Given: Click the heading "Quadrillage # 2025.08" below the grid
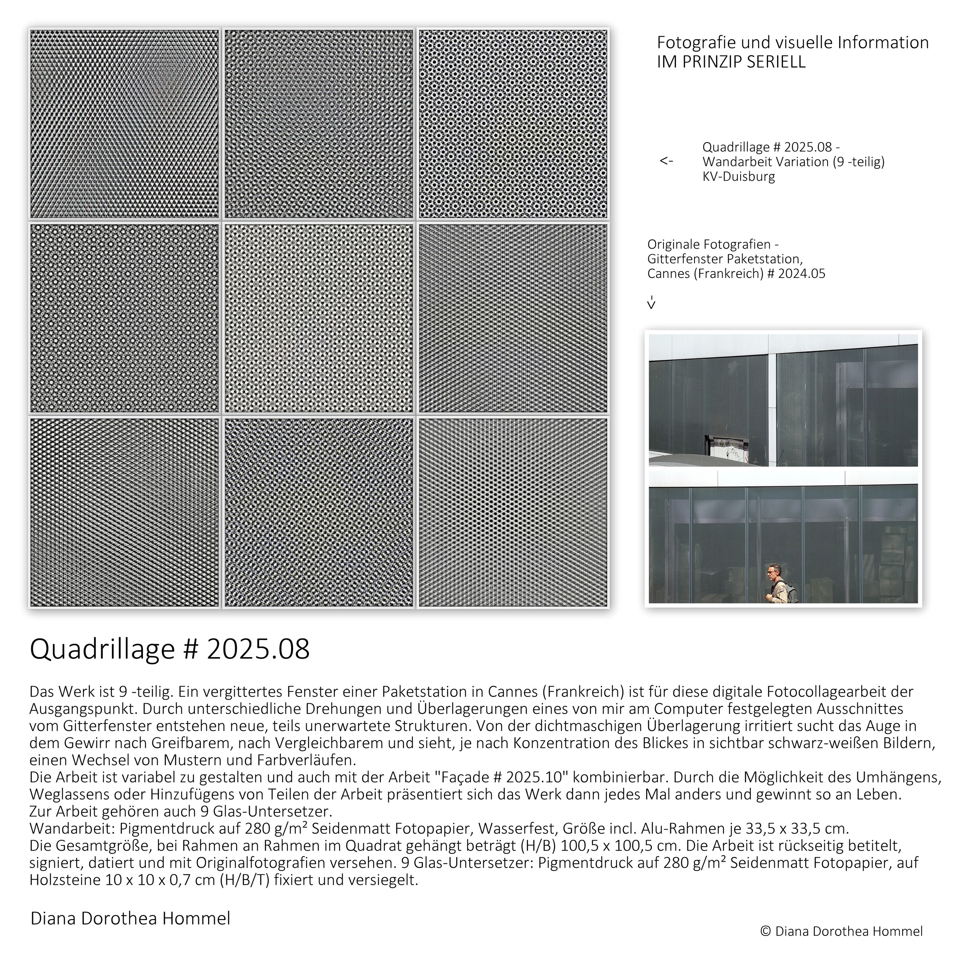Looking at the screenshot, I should [x=170, y=650].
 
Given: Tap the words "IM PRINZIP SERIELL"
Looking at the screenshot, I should [x=731, y=62].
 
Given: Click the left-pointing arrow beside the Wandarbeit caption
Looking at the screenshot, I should [x=666, y=161].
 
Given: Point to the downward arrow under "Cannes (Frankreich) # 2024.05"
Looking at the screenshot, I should [x=651, y=302].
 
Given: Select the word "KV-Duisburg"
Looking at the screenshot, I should [x=739, y=177].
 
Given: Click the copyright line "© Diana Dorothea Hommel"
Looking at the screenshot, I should [x=841, y=931].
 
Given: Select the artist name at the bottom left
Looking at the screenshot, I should [x=130, y=918].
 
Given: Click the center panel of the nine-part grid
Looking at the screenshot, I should [x=318, y=318].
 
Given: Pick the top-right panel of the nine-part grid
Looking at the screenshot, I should [x=513, y=124].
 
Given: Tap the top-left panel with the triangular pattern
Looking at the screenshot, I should [x=124, y=124].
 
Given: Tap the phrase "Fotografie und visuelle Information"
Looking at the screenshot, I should [x=793, y=43].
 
